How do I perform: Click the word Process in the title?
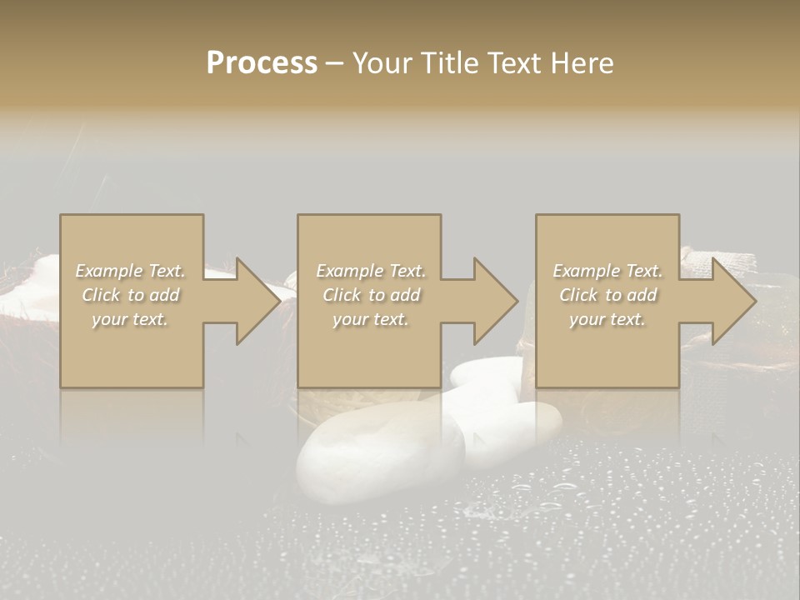[262, 63]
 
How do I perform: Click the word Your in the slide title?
[381, 63]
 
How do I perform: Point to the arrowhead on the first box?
[254, 301]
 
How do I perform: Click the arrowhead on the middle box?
[492, 301]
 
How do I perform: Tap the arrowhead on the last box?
[730, 301]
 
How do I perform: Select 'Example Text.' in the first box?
[130, 271]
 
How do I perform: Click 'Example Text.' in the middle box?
[370, 271]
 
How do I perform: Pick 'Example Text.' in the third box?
[607, 271]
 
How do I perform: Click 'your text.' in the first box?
[130, 319]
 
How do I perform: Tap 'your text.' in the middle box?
[370, 319]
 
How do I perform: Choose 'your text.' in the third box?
[607, 319]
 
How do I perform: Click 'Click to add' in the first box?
[130, 295]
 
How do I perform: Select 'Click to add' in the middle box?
[370, 295]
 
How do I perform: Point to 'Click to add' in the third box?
[607, 295]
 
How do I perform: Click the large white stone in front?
[379, 454]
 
